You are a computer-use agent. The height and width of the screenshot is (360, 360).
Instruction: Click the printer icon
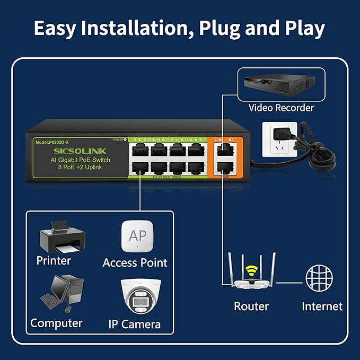pyautogui.click(x=63, y=238)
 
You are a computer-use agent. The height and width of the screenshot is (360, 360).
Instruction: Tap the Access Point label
pyautogui.click(x=135, y=262)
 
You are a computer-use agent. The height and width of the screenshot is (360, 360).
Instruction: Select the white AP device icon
pyautogui.click(x=137, y=236)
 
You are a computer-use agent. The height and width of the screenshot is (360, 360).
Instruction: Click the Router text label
pyautogui.click(x=251, y=306)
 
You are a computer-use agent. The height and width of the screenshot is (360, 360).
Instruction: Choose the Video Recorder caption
pyautogui.click(x=281, y=108)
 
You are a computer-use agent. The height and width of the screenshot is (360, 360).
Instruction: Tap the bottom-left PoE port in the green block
pyautogui.click(x=140, y=168)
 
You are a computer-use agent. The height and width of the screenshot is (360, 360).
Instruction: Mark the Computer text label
pyautogui.click(x=56, y=323)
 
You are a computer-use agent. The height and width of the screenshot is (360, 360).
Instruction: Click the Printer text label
pyautogui.click(x=54, y=260)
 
